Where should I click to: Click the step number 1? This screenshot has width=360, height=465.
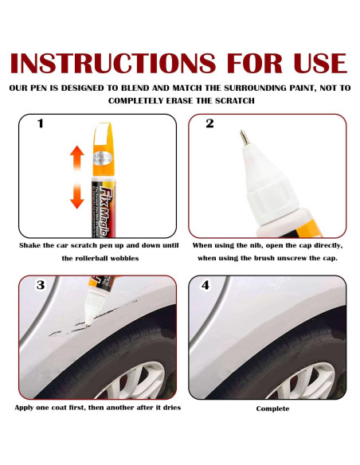pyautogui.click(x=41, y=123)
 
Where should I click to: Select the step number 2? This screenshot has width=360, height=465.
pyautogui.click(x=209, y=123)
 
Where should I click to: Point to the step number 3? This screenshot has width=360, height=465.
pyautogui.click(x=41, y=285)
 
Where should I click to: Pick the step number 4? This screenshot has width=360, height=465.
pyautogui.click(x=205, y=285)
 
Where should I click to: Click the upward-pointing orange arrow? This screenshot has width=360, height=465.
pyautogui.click(x=76, y=158)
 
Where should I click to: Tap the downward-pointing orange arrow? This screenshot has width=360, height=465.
pyautogui.click(x=76, y=197)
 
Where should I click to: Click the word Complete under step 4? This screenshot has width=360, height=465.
pyautogui.click(x=272, y=408)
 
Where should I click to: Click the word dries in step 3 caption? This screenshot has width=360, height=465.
pyautogui.click(x=172, y=408)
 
